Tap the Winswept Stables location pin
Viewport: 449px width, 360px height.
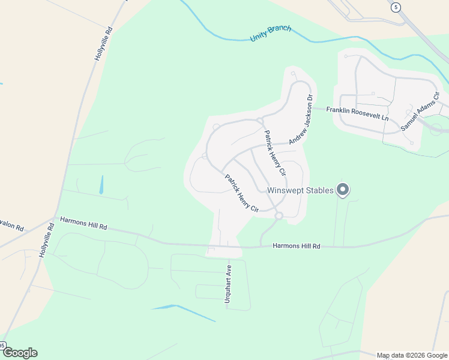pos(343,190)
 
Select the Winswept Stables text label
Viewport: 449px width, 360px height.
pos(300,191)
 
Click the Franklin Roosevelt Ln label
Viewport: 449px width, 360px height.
pos(358,114)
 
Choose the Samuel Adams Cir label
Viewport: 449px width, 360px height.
pos(420,112)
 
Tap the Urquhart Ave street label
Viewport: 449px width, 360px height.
pos(228,285)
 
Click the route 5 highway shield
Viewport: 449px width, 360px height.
pos(395,7)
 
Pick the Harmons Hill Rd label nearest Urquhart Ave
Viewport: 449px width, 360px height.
pos(297,246)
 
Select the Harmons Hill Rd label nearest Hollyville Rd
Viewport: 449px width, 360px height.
pos(83,224)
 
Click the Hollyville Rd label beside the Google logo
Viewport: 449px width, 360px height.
pos(47,240)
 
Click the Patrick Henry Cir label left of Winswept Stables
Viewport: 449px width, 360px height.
pos(241,193)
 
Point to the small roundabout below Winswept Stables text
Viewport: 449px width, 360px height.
pos(279,215)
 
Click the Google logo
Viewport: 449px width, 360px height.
pos(20,352)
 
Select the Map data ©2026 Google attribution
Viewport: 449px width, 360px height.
pos(411,355)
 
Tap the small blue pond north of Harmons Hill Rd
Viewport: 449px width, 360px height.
pos(101,184)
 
